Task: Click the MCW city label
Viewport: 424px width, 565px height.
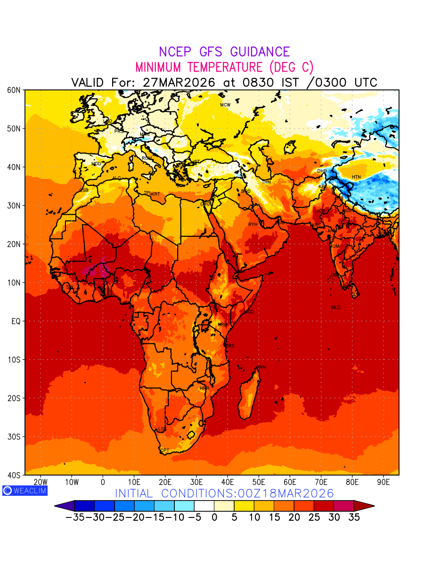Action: tap(225, 105)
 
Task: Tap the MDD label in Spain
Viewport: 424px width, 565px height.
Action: tap(96, 164)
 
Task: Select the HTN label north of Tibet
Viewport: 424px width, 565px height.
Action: tap(356, 177)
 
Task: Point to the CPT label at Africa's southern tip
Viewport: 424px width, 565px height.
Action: tap(164, 451)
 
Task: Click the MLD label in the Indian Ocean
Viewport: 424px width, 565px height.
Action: tap(335, 307)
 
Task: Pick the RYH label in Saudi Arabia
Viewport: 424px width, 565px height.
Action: tap(253, 225)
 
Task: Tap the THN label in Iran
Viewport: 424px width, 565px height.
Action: tap(266, 182)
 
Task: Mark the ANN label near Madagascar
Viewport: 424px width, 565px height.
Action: tap(261, 367)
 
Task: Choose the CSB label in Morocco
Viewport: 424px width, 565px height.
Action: tap(84, 190)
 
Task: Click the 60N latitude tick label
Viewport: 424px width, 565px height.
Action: tap(13, 90)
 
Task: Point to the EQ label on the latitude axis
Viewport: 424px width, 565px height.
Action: tap(16, 321)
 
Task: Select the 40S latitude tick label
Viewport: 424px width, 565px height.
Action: tap(13, 475)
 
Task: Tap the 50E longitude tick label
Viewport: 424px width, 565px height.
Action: tap(259, 482)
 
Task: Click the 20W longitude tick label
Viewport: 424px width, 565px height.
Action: tap(41, 482)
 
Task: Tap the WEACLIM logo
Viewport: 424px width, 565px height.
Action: tap(24, 490)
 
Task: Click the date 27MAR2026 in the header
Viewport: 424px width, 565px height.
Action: tap(179, 82)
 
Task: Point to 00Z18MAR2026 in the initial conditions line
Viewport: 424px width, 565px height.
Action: tap(280, 493)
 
